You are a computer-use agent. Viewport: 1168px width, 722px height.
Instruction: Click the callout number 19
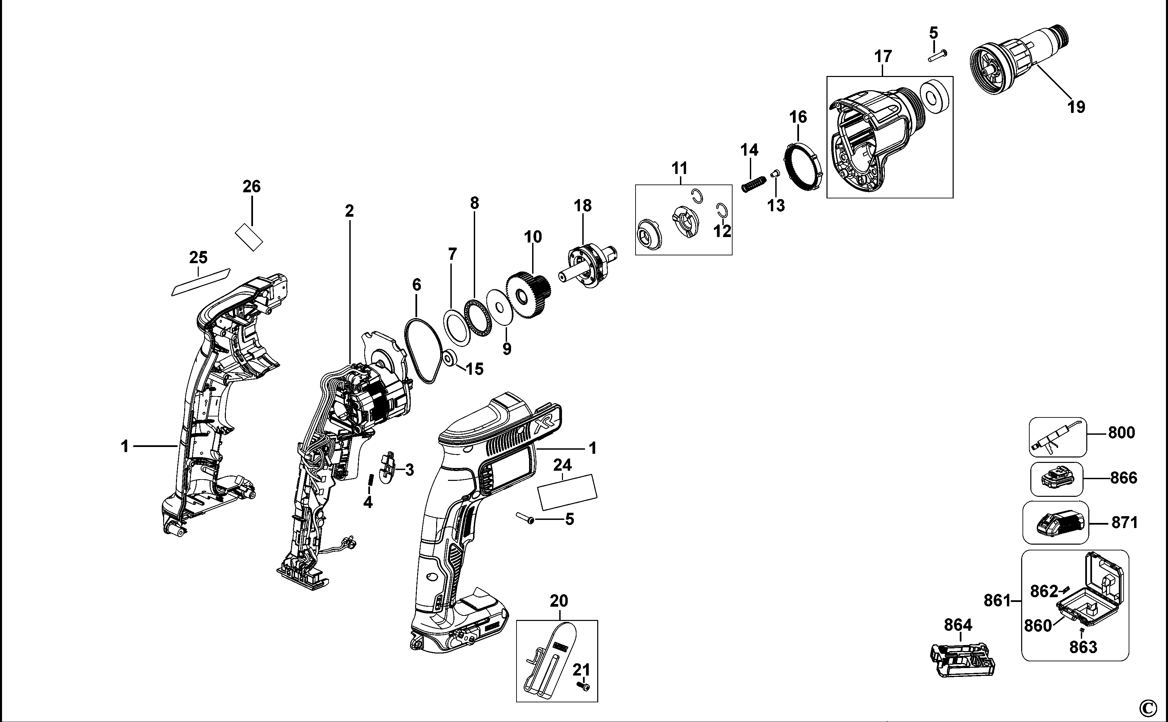pyautogui.click(x=1076, y=106)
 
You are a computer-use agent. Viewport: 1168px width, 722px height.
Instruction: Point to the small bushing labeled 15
pyautogui.click(x=449, y=358)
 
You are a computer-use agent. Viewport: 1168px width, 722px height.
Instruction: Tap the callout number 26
pyautogui.click(x=252, y=186)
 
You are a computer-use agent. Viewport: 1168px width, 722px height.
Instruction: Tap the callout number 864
pyautogui.click(x=958, y=625)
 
